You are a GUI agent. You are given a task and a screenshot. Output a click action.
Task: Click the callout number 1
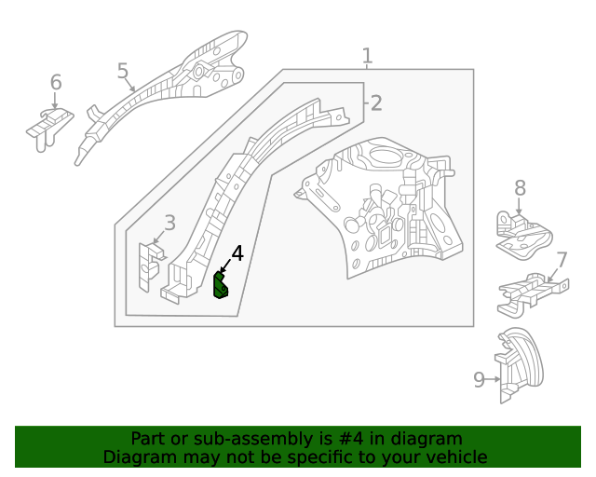[367, 56]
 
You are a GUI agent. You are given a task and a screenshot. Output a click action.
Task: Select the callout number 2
[375, 102]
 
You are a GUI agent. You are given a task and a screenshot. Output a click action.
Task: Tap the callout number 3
[169, 222]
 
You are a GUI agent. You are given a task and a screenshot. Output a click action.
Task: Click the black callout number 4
[237, 253]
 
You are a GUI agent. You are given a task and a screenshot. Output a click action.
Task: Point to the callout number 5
[123, 71]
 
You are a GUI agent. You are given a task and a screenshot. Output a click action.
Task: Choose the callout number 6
[56, 82]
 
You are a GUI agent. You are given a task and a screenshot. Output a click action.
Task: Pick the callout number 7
[562, 260]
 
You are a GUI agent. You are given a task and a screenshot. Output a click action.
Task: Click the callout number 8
[520, 188]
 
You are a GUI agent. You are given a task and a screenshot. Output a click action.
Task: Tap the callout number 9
[479, 379]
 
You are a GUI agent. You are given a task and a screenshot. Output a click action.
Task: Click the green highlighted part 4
[221, 285]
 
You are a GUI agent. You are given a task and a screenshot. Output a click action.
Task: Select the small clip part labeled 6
[49, 128]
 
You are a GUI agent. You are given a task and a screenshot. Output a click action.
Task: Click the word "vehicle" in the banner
[454, 457]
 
